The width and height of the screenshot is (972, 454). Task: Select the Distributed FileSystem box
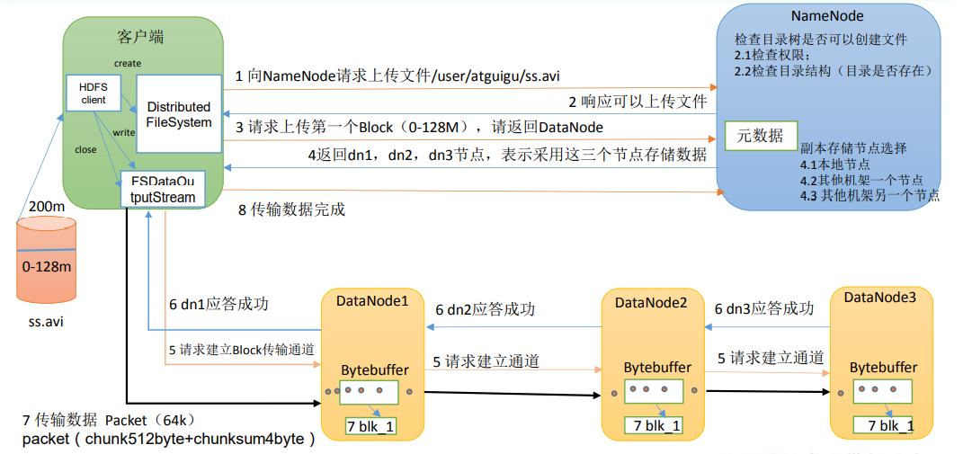(x=178, y=114)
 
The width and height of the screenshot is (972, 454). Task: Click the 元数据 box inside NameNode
(x=760, y=136)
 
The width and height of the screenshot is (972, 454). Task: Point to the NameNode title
(x=827, y=17)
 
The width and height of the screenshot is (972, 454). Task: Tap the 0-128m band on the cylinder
(x=47, y=267)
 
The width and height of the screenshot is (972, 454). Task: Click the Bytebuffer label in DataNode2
(x=657, y=368)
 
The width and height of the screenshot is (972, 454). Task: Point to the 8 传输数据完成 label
(x=291, y=210)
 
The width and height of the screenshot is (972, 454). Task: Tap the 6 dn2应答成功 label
(x=486, y=309)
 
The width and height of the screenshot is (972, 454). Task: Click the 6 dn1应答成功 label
(x=218, y=305)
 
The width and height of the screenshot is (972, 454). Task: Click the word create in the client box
(x=128, y=63)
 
